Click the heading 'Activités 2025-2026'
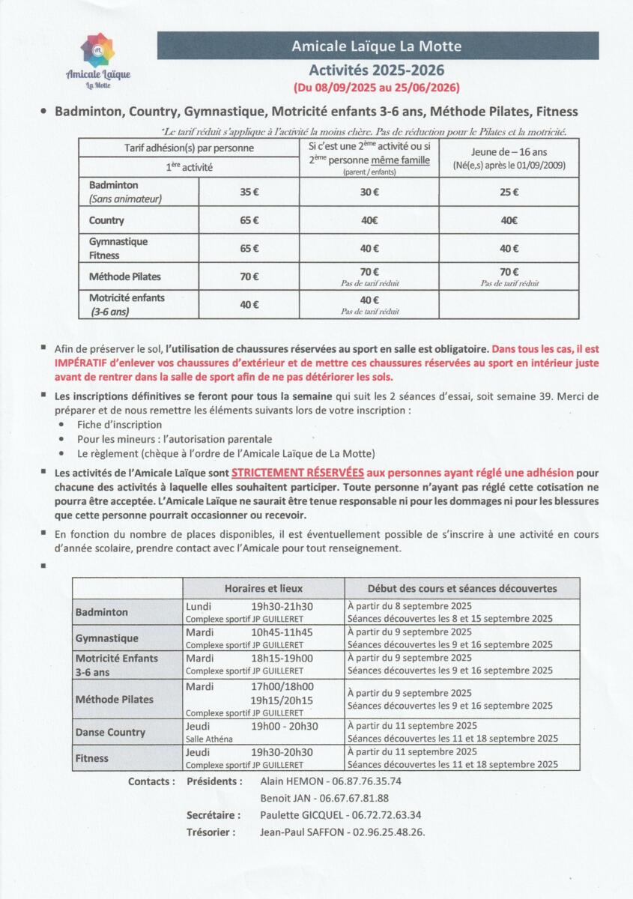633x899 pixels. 378,70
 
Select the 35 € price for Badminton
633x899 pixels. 249,192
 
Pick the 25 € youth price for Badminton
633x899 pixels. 509,192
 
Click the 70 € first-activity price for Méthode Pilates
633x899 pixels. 249,276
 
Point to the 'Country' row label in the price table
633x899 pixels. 106,220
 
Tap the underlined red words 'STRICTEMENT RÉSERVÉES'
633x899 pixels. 297,473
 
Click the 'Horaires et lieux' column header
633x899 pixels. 264,588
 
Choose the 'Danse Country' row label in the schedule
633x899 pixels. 110,732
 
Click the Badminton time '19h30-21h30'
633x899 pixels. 282,606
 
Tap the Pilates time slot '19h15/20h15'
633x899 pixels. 282,700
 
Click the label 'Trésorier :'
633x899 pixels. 211,832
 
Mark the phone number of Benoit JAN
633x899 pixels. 354,798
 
